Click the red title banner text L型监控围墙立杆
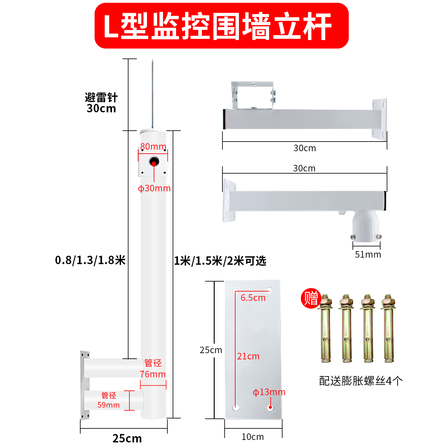pos(221,26)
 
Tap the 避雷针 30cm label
pos(101,103)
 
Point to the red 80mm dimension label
pos(153,146)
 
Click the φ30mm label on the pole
pos(154,188)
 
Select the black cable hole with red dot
pos(154,162)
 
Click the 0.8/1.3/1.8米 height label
pos(90,260)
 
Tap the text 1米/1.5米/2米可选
pos(220,261)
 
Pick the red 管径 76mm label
pos(153,369)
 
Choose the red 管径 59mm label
pos(109,400)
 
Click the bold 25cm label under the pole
pos(127,438)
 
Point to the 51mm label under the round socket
pos(368,254)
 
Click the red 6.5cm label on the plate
pos(253,298)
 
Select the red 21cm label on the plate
pos(248,356)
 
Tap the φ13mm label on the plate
pos(269,392)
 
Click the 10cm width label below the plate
pos(253,437)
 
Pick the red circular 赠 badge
pos(311,298)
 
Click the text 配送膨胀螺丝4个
pos(361,381)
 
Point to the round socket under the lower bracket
pos(366,226)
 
